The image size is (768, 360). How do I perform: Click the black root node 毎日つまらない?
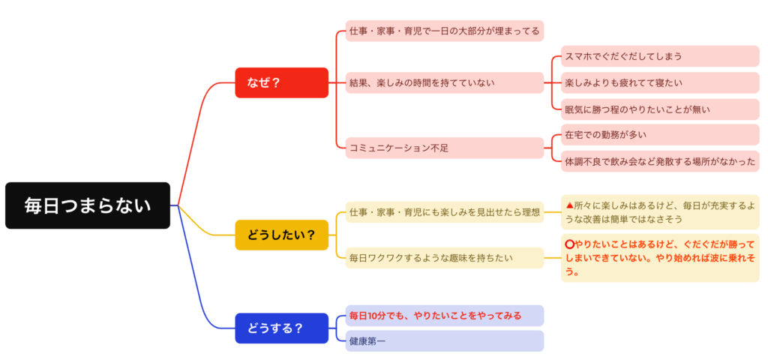[88, 205]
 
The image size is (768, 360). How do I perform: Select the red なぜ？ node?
[281, 82]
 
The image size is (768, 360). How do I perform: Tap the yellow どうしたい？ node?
[281, 235]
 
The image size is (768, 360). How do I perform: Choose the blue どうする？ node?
[281, 328]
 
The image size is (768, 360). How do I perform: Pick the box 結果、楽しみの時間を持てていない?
[444, 82]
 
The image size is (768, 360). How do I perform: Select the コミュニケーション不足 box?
[444, 148]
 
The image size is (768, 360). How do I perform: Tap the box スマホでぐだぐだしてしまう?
[660, 56]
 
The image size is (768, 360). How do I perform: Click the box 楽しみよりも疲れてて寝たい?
[660, 82]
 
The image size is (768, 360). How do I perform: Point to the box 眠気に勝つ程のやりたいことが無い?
[660, 109]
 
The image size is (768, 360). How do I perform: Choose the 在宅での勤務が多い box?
[660, 135]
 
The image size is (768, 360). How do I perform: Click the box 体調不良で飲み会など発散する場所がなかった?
[660, 161]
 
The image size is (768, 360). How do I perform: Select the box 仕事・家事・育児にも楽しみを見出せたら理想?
[444, 212]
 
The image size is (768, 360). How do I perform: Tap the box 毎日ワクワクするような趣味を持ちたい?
[444, 257]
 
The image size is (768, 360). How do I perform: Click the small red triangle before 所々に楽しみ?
[569, 205]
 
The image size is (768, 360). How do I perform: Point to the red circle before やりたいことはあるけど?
[569, 244]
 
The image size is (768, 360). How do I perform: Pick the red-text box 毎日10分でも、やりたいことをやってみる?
[444, 315]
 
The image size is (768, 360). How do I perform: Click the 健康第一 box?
[444, 341]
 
